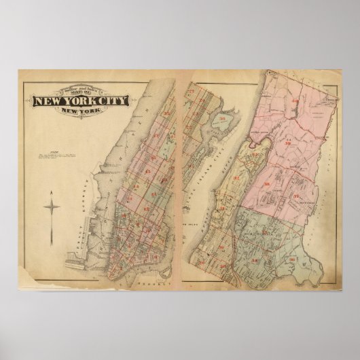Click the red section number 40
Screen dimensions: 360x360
[295, 103]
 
